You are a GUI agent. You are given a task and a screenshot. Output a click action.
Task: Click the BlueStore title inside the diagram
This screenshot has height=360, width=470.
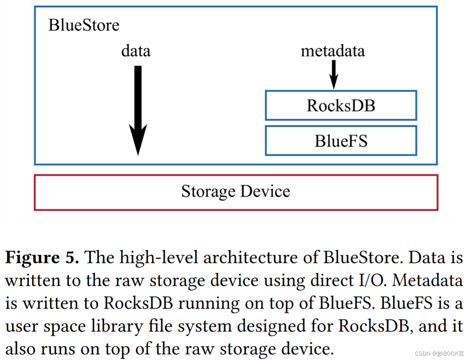(84, 25)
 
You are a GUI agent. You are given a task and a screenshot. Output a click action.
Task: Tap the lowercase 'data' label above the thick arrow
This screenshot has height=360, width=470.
(136, 51)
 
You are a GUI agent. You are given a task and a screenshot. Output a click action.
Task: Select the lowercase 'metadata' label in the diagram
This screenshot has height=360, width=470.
(332, 51)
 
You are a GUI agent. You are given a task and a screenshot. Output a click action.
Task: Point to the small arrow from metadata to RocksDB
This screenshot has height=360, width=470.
(334, 74)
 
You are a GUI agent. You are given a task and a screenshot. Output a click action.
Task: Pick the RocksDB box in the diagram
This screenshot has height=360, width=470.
(341, 105)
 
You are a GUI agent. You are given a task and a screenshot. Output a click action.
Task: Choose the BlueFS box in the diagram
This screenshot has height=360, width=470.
(341, 141)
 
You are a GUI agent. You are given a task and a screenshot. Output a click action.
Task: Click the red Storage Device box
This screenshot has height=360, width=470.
(236, 192)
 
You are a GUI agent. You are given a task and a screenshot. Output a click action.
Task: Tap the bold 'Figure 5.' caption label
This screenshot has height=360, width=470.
(42, 257)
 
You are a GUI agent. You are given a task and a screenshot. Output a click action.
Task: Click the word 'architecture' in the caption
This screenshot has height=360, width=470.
(250, 257)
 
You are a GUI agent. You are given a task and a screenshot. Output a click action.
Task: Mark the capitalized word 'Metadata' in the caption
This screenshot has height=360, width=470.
(427, 280)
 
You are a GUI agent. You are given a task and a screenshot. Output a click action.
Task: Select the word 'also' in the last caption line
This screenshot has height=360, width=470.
(21, 349)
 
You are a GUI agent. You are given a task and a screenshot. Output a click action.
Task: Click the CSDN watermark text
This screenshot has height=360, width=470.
(439, 353)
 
